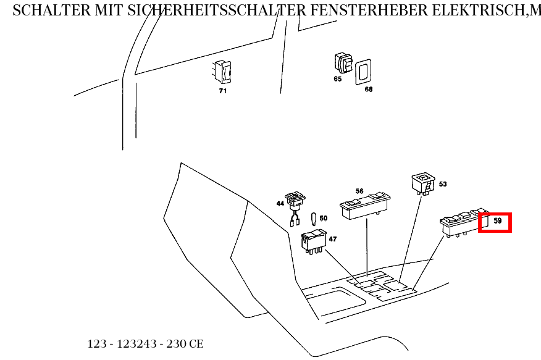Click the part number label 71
point(222,91)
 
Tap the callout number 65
point(338,79)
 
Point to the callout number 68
point(368,89)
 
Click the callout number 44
point(280,203)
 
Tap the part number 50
point(323,218)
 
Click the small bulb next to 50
point(314,219)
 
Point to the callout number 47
point(332,238)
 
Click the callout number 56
point(359,191)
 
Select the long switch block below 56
point(365,205)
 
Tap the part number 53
point(442,184)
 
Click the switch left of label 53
point(424,183)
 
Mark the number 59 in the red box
point(497,220)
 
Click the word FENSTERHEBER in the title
point(349,10)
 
